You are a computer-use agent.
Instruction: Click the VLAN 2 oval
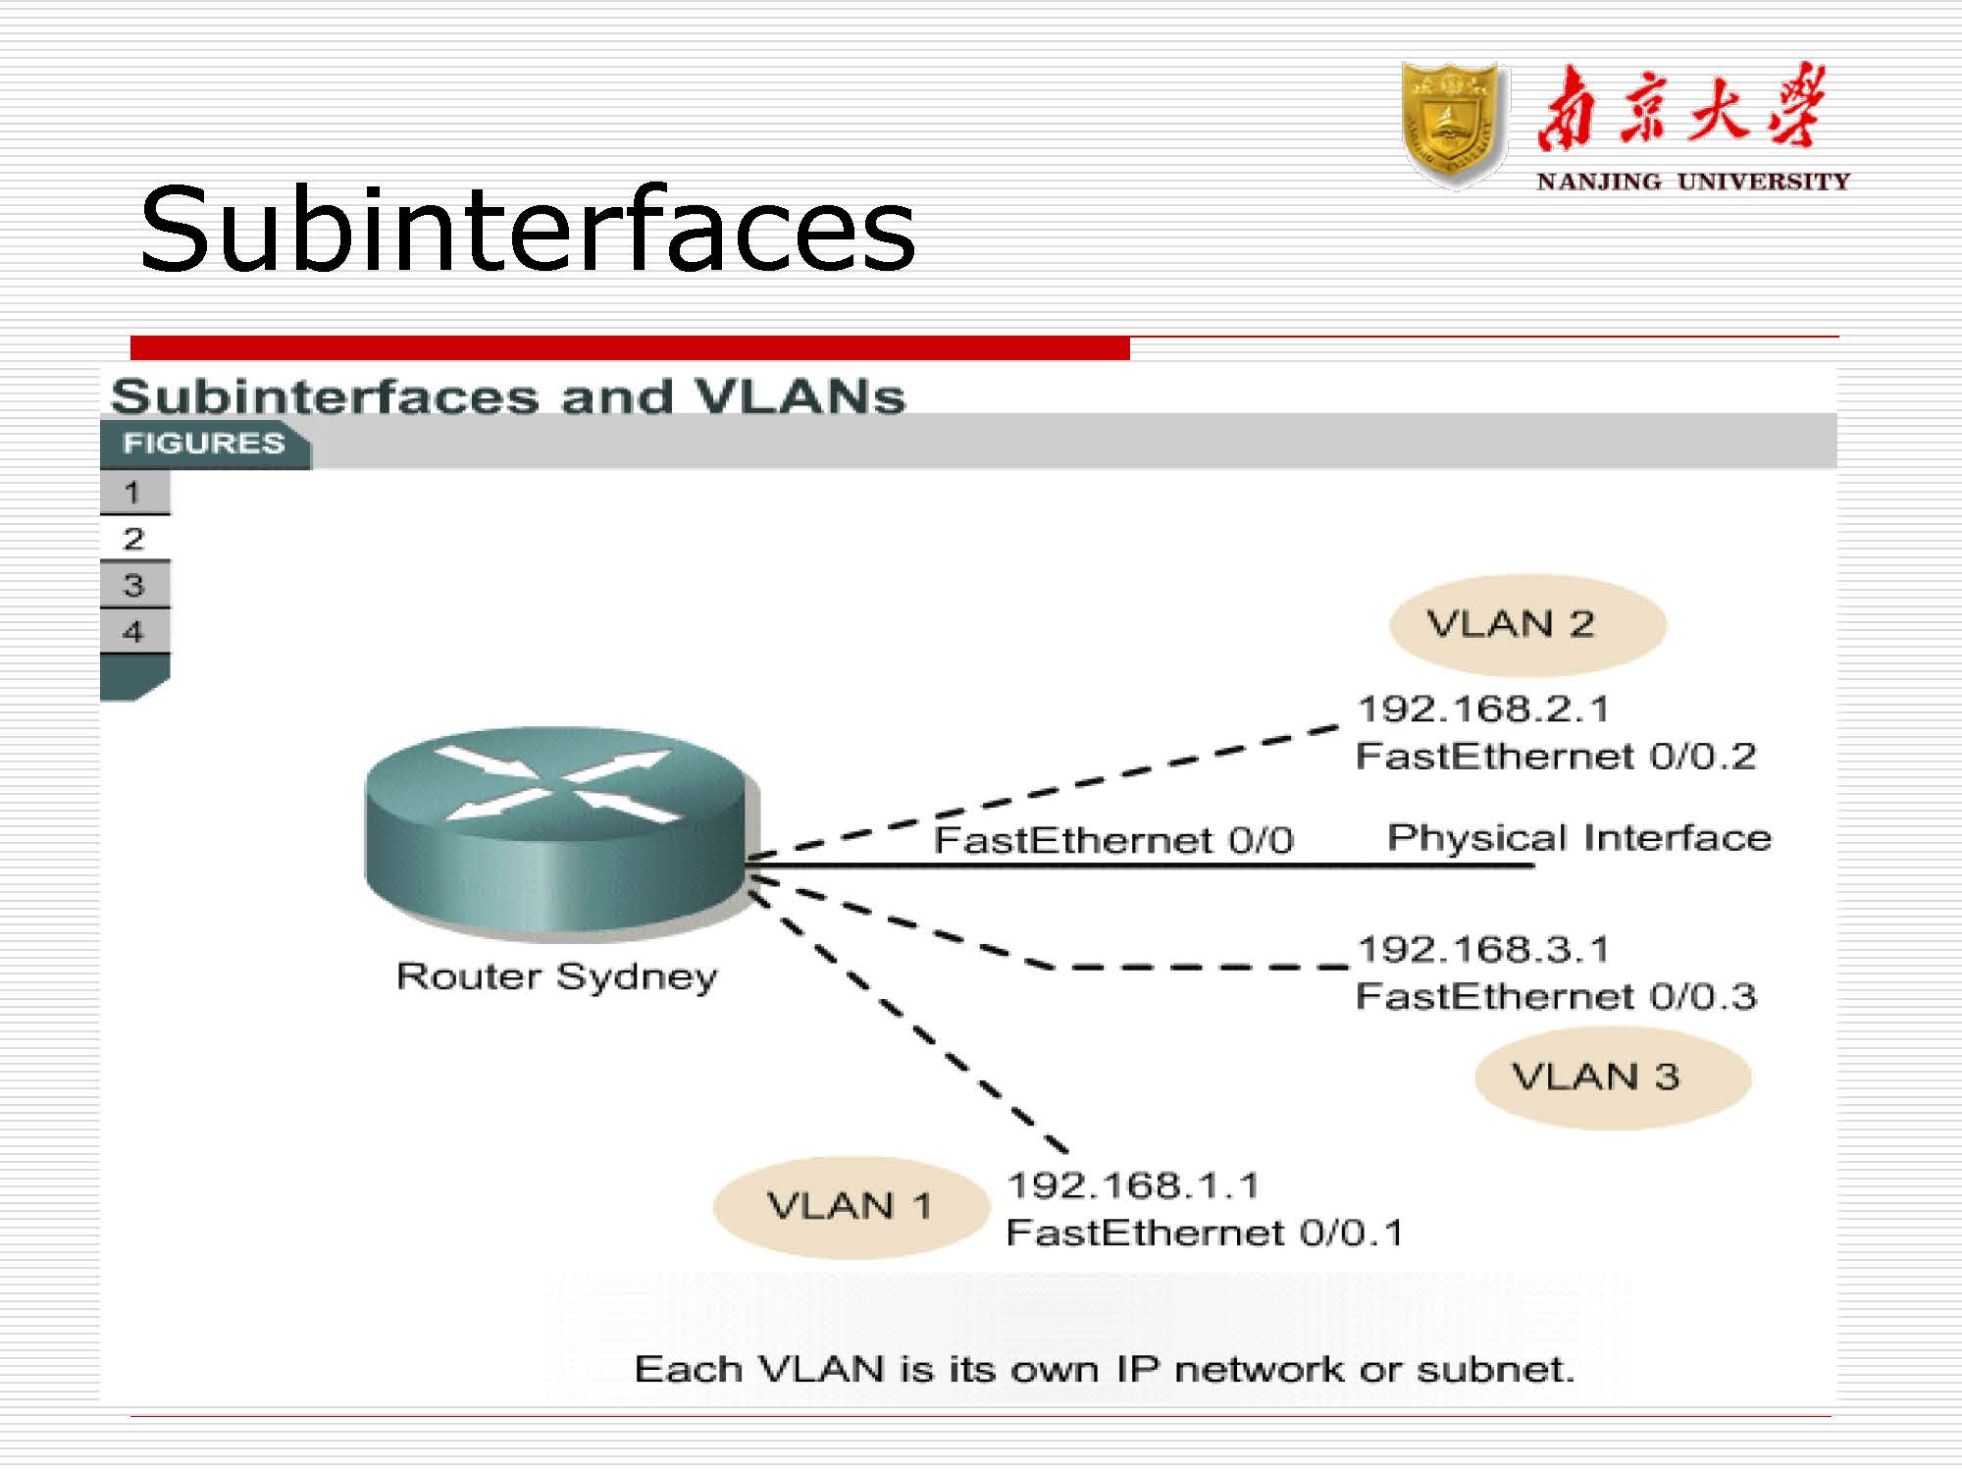click(1528, 624)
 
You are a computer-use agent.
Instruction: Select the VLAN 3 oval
click(1613, 1077)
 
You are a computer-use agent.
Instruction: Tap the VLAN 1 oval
click(851, 1206)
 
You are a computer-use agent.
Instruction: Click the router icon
click(561, 829)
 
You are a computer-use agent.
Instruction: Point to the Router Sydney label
click(556, 977)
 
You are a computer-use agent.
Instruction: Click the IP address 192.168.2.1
click(1483, 709)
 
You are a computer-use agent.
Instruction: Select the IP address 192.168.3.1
click(1483, 949)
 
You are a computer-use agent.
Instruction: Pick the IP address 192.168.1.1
click(1133, 1185)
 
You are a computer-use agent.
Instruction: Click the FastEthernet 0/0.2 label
click(1556, 757)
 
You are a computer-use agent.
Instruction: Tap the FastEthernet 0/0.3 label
click(1556, 997)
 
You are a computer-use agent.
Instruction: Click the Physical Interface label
click(1579, 838)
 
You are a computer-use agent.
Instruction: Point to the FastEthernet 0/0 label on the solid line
click(1113, 840)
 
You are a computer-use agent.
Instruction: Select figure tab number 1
click(134, 492)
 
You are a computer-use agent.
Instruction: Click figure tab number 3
click(134, 585)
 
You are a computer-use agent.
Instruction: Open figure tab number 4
click(134, 631)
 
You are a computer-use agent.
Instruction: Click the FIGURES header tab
click(205, 444)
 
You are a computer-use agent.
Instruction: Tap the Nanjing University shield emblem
click(1455, 125)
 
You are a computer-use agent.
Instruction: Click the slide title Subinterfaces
click(528, 229)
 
